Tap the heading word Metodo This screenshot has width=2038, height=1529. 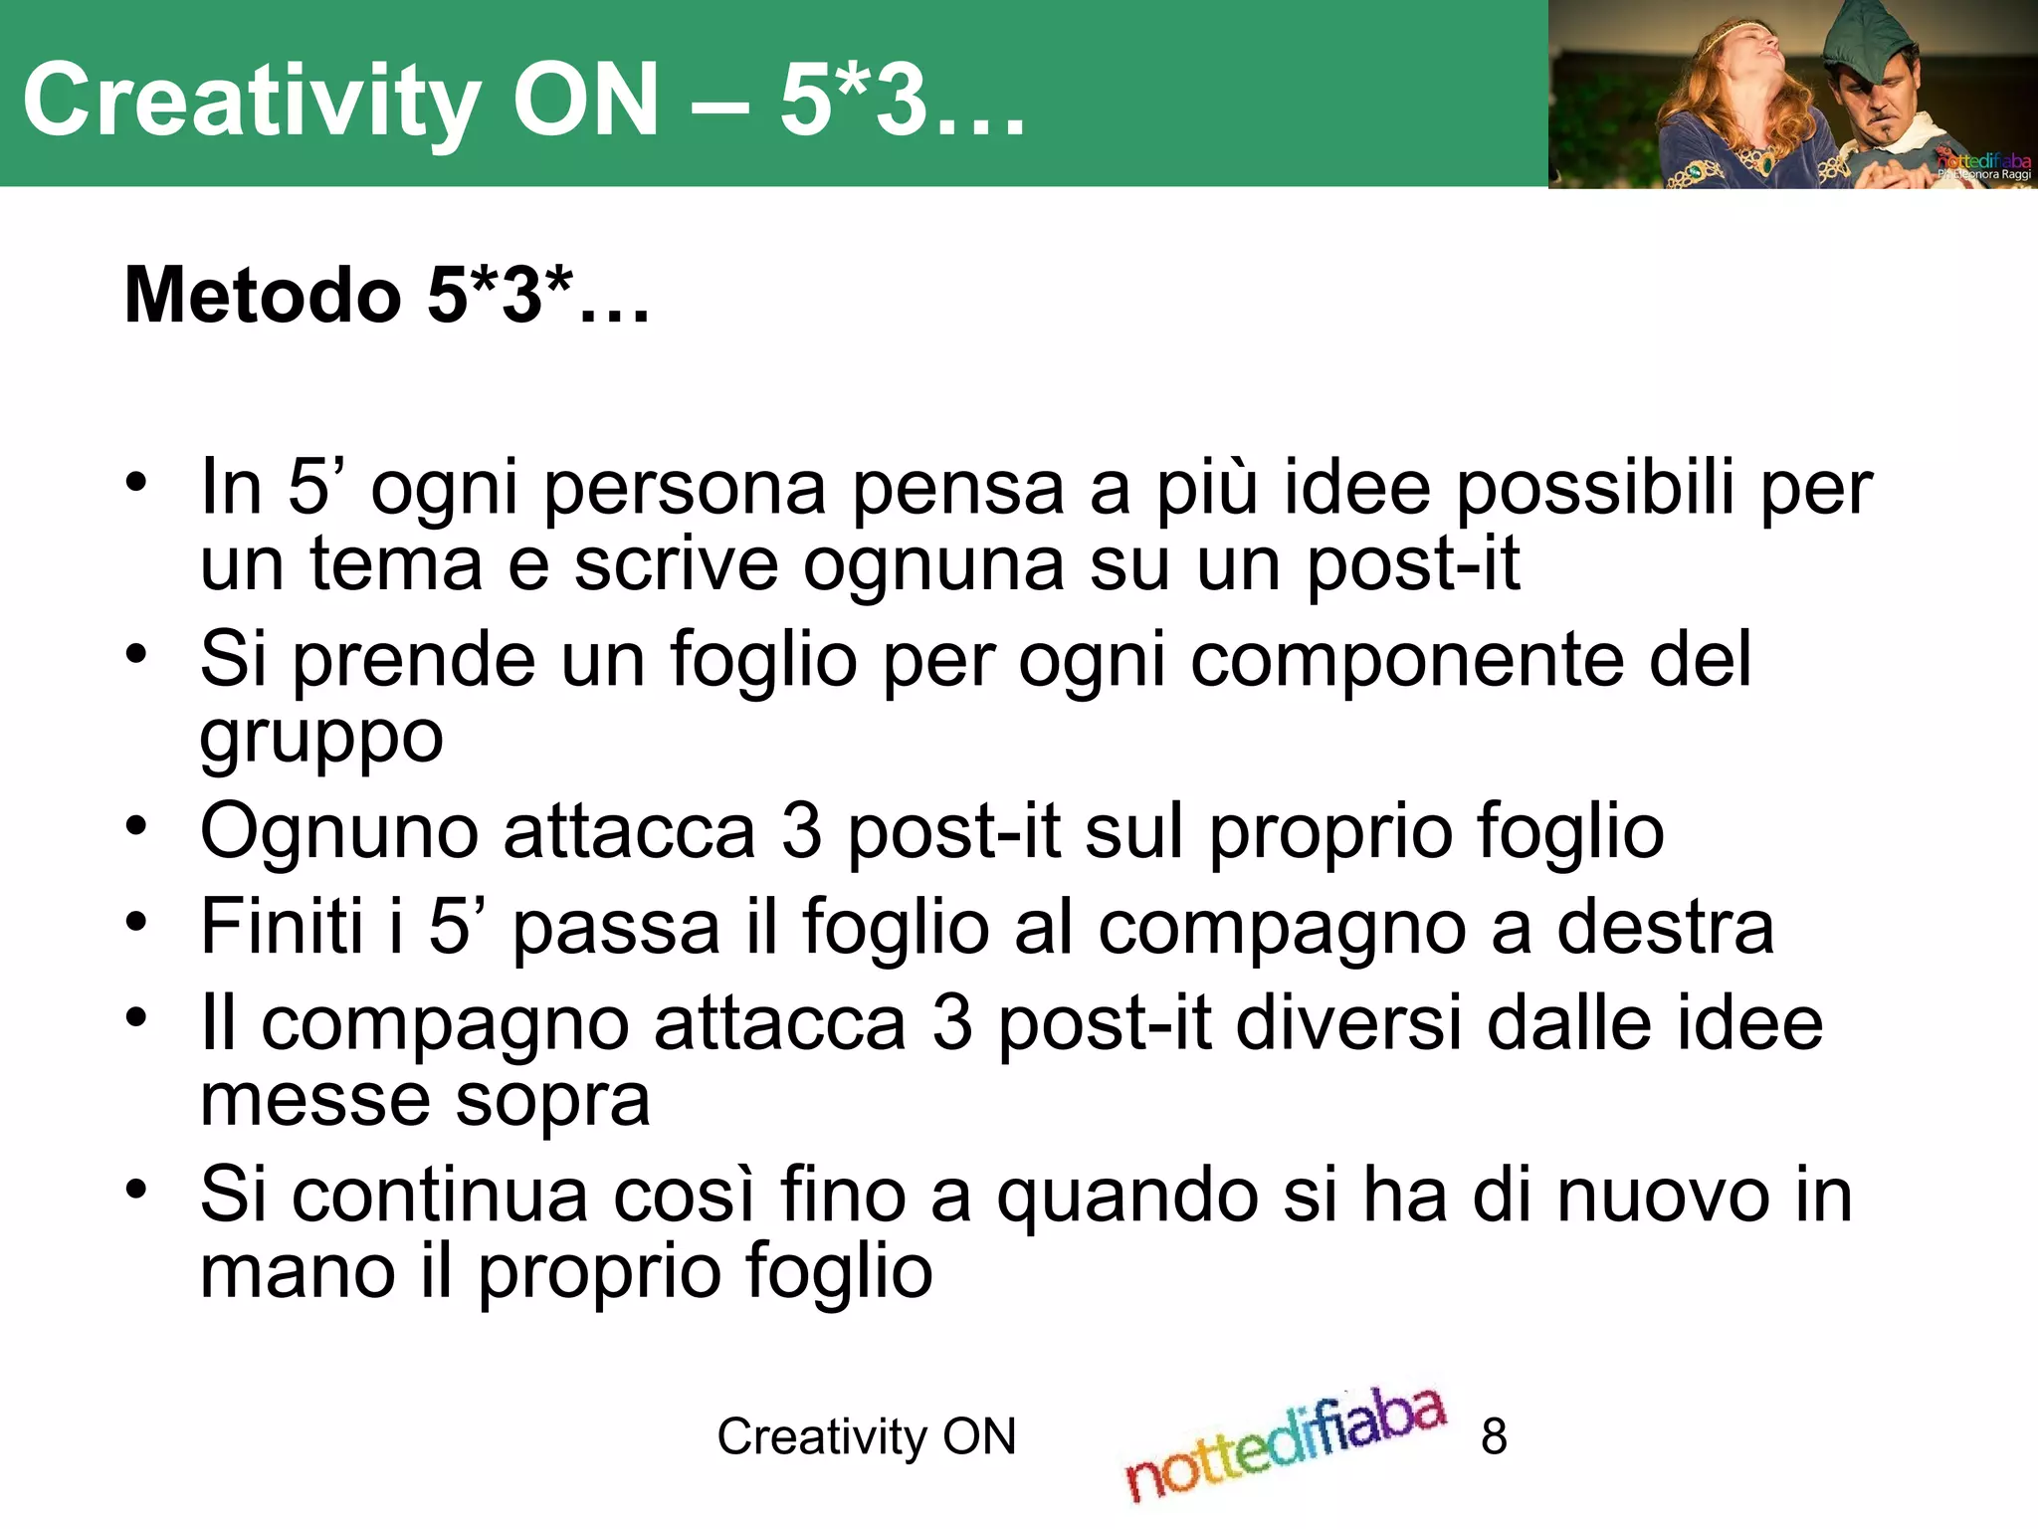[263, 296]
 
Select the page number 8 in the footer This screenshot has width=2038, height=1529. [1494, 1436]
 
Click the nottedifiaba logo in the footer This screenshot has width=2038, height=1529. [1285, 1443]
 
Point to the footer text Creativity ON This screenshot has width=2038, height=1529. [867, 1436]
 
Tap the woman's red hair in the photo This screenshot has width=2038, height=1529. [1691, 90]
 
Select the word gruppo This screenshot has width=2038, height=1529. [321, 739]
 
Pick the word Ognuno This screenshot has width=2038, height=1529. [339, 831]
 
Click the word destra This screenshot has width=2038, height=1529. [1665, 927]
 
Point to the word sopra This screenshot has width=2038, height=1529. [552, 1101]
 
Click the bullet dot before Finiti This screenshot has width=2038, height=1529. [136, 920]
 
